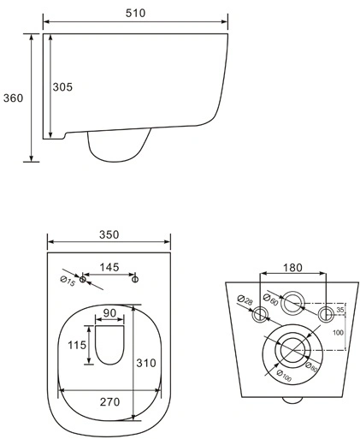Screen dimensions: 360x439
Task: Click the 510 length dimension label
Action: click(135, 13)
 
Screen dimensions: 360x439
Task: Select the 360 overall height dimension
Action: click(13, 98)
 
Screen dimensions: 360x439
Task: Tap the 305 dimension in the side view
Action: click(62, 87)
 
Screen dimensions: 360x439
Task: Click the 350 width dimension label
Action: click(109, 234)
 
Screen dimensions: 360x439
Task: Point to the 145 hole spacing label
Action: click(109, 267)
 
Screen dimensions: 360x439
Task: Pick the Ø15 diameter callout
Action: click(68, 282)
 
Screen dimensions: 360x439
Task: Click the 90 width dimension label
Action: click(109, 313)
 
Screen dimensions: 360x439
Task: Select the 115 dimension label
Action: click(77, 345)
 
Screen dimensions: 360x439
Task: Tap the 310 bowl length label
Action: click(146, 363)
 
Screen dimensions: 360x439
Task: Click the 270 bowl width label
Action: click(109, 402)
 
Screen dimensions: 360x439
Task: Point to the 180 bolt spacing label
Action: click(292, 268)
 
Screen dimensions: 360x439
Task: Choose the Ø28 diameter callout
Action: click(245, 300)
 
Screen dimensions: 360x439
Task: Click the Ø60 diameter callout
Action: click(271, 300)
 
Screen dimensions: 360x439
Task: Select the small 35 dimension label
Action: click(339, 310)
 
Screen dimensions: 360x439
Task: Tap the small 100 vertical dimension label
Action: click(338, 332)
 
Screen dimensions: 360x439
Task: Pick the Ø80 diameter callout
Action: click(311, 367)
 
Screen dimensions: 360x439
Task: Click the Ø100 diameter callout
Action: click(284, 376)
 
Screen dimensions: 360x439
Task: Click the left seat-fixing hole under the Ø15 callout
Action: click(82, 279)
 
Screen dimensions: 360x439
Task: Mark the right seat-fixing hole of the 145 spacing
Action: click(135, 279)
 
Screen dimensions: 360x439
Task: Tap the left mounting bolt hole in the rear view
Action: click(260, 315)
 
